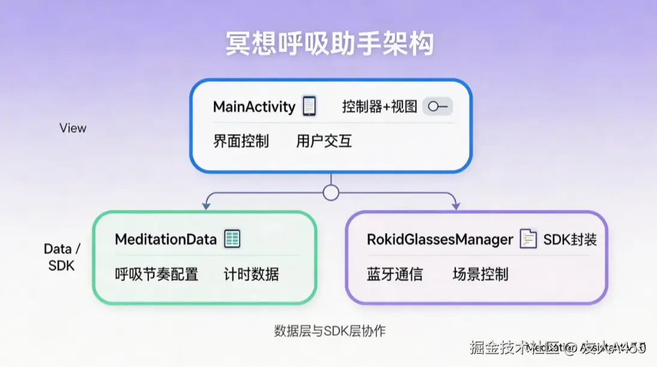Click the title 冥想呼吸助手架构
click(x=329, y=44)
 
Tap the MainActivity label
click(x=254, y=108)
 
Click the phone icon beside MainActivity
click(x=309, y=106)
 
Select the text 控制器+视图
click(x=379, y=107)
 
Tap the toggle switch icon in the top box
click(x=438, y=107)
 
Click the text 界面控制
click(x=241, y=142)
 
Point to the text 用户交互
click(x=324, y=142)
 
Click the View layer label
click(x=73, y=128)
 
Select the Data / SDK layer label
click(x=62, y=257)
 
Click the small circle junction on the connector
click(x=331, y=193)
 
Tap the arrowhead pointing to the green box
click(x=206, y=206)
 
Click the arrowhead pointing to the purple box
click(x=456, y=206)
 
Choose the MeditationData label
click(x=166, y=239)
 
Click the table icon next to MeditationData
click(x=232, y=239)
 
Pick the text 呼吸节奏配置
click(x=157, y=274)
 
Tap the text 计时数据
click(x=251, y=274)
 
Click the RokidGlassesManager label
click(x=440, y=240)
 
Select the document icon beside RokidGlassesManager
click(x=528, y=239)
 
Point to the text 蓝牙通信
click(x=395, y=274)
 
